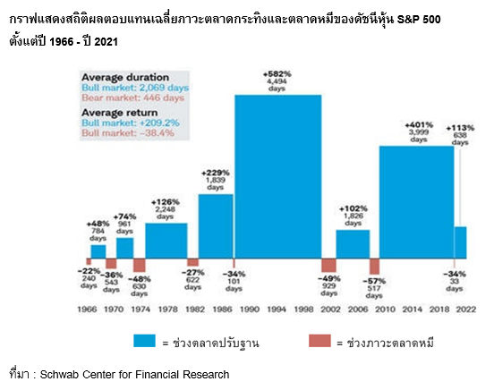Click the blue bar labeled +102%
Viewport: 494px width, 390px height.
(x=352, y=244)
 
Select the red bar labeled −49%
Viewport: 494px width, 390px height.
(x=328, y=266)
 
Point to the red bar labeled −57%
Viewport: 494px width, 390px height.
(x=374, y=267)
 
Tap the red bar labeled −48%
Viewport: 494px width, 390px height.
(x=140, y=265)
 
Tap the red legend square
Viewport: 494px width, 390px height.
(x=319, y=340)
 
